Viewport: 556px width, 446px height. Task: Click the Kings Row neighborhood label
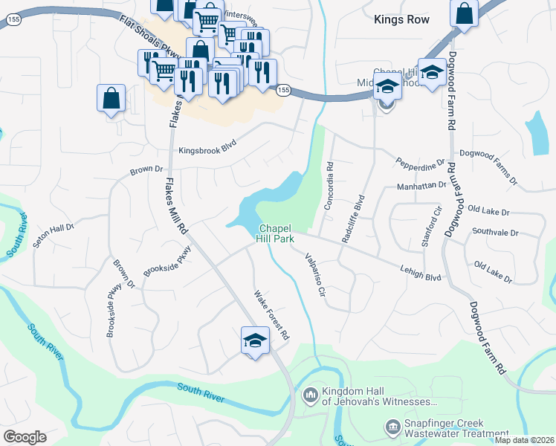click(402, 20)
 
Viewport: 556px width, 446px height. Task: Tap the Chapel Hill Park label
click(277, 233)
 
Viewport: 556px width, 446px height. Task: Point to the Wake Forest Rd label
click(271, 314)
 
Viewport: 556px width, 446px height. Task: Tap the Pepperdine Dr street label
click(420, 161)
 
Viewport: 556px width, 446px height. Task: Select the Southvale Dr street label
click(494, 233)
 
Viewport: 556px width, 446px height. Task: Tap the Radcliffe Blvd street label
click(354, 219)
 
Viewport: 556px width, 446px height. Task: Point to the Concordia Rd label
click(329, 183)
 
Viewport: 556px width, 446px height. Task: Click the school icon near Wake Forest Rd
click(255, 340)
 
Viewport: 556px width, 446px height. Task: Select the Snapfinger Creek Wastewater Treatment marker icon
click(392, 427)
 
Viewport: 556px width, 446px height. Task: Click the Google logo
click(25, 436)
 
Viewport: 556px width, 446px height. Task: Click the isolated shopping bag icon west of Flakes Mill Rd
click(111, 97)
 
